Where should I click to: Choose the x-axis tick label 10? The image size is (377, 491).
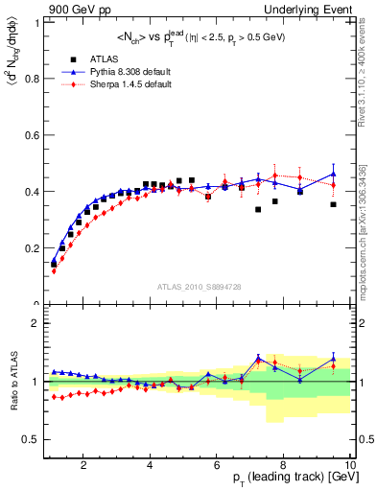coord(348,467)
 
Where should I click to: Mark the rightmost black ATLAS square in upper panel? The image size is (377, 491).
coord(334,204)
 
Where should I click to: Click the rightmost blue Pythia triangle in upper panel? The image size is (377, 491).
coord(334,175)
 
